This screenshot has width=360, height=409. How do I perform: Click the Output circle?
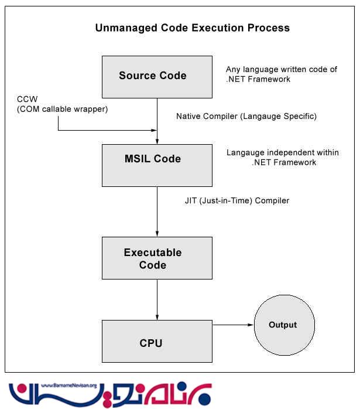point(283,325)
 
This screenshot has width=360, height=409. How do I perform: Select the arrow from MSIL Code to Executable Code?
point(157,211)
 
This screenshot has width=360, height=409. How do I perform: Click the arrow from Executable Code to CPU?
point(157,299)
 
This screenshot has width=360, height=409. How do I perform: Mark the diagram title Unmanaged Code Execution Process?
point(192,28)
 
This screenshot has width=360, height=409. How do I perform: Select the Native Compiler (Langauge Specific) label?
point(246,116)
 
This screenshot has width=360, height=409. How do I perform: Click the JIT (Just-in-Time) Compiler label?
point(236,200)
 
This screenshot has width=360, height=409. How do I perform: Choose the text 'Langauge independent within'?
point(282,153)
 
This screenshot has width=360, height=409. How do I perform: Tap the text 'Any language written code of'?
point(282,69)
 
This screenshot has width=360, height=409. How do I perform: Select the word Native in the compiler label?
point(188,116)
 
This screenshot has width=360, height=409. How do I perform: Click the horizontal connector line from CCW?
point(105,130)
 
